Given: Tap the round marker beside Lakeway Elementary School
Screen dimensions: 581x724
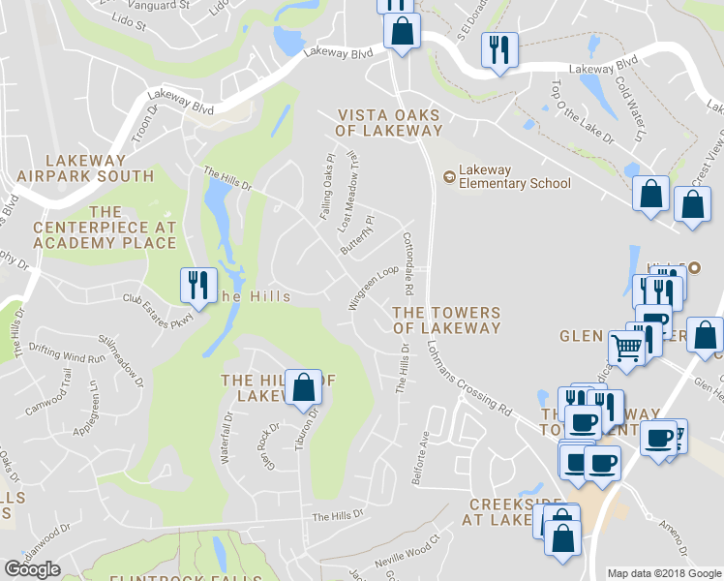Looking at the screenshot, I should (x=448, y=176).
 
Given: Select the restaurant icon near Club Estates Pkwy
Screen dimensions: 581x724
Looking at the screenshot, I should (x=197, y=286).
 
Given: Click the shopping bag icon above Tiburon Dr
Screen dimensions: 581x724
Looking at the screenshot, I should (x=304, y=388).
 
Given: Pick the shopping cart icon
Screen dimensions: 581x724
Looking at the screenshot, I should (x=626, y=347).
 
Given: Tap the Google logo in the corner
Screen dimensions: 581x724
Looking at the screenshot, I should (x=32, y=568).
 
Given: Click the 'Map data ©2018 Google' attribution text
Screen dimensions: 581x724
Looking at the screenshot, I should (x=664, y=573).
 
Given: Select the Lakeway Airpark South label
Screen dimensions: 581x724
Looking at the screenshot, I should (x=85, y=168).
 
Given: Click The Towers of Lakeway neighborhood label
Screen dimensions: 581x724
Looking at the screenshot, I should (x=446, y=321).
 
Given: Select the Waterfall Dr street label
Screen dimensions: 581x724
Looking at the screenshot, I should (x=228, y=437).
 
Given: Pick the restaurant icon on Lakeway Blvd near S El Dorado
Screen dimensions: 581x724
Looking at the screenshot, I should (x=499, y=50).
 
